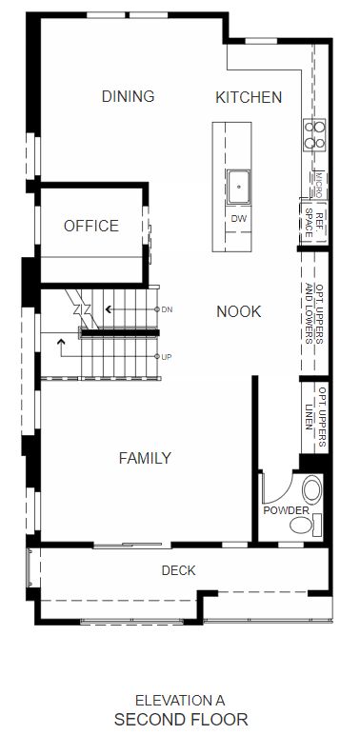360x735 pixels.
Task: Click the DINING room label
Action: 128,96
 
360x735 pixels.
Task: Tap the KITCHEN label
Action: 249,97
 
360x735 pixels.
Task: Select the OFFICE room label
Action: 91,226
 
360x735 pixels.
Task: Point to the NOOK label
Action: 239,311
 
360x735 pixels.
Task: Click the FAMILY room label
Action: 145,458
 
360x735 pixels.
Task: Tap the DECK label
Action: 179,570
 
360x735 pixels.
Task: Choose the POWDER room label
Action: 286,510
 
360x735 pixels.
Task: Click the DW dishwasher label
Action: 239,218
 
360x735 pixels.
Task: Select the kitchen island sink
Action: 239,187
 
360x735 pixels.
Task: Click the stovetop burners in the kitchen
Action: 314,135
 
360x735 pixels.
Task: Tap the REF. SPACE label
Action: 314,221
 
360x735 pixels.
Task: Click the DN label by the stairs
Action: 167,309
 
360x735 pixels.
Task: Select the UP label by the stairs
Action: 167,357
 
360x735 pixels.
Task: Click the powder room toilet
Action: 305,524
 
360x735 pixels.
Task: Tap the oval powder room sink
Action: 312,489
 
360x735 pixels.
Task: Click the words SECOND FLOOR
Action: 181,719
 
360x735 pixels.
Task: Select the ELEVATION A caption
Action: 180,701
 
